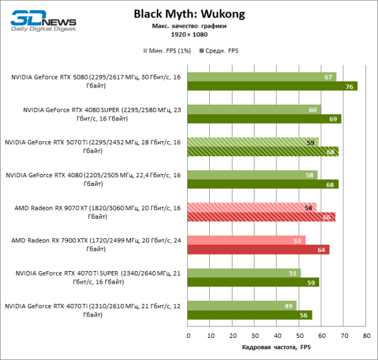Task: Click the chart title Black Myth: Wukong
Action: coord(190,14)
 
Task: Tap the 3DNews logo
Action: coord(43,20)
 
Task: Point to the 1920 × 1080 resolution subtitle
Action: coord(189,35)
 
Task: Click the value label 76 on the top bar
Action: coord(350,86)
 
